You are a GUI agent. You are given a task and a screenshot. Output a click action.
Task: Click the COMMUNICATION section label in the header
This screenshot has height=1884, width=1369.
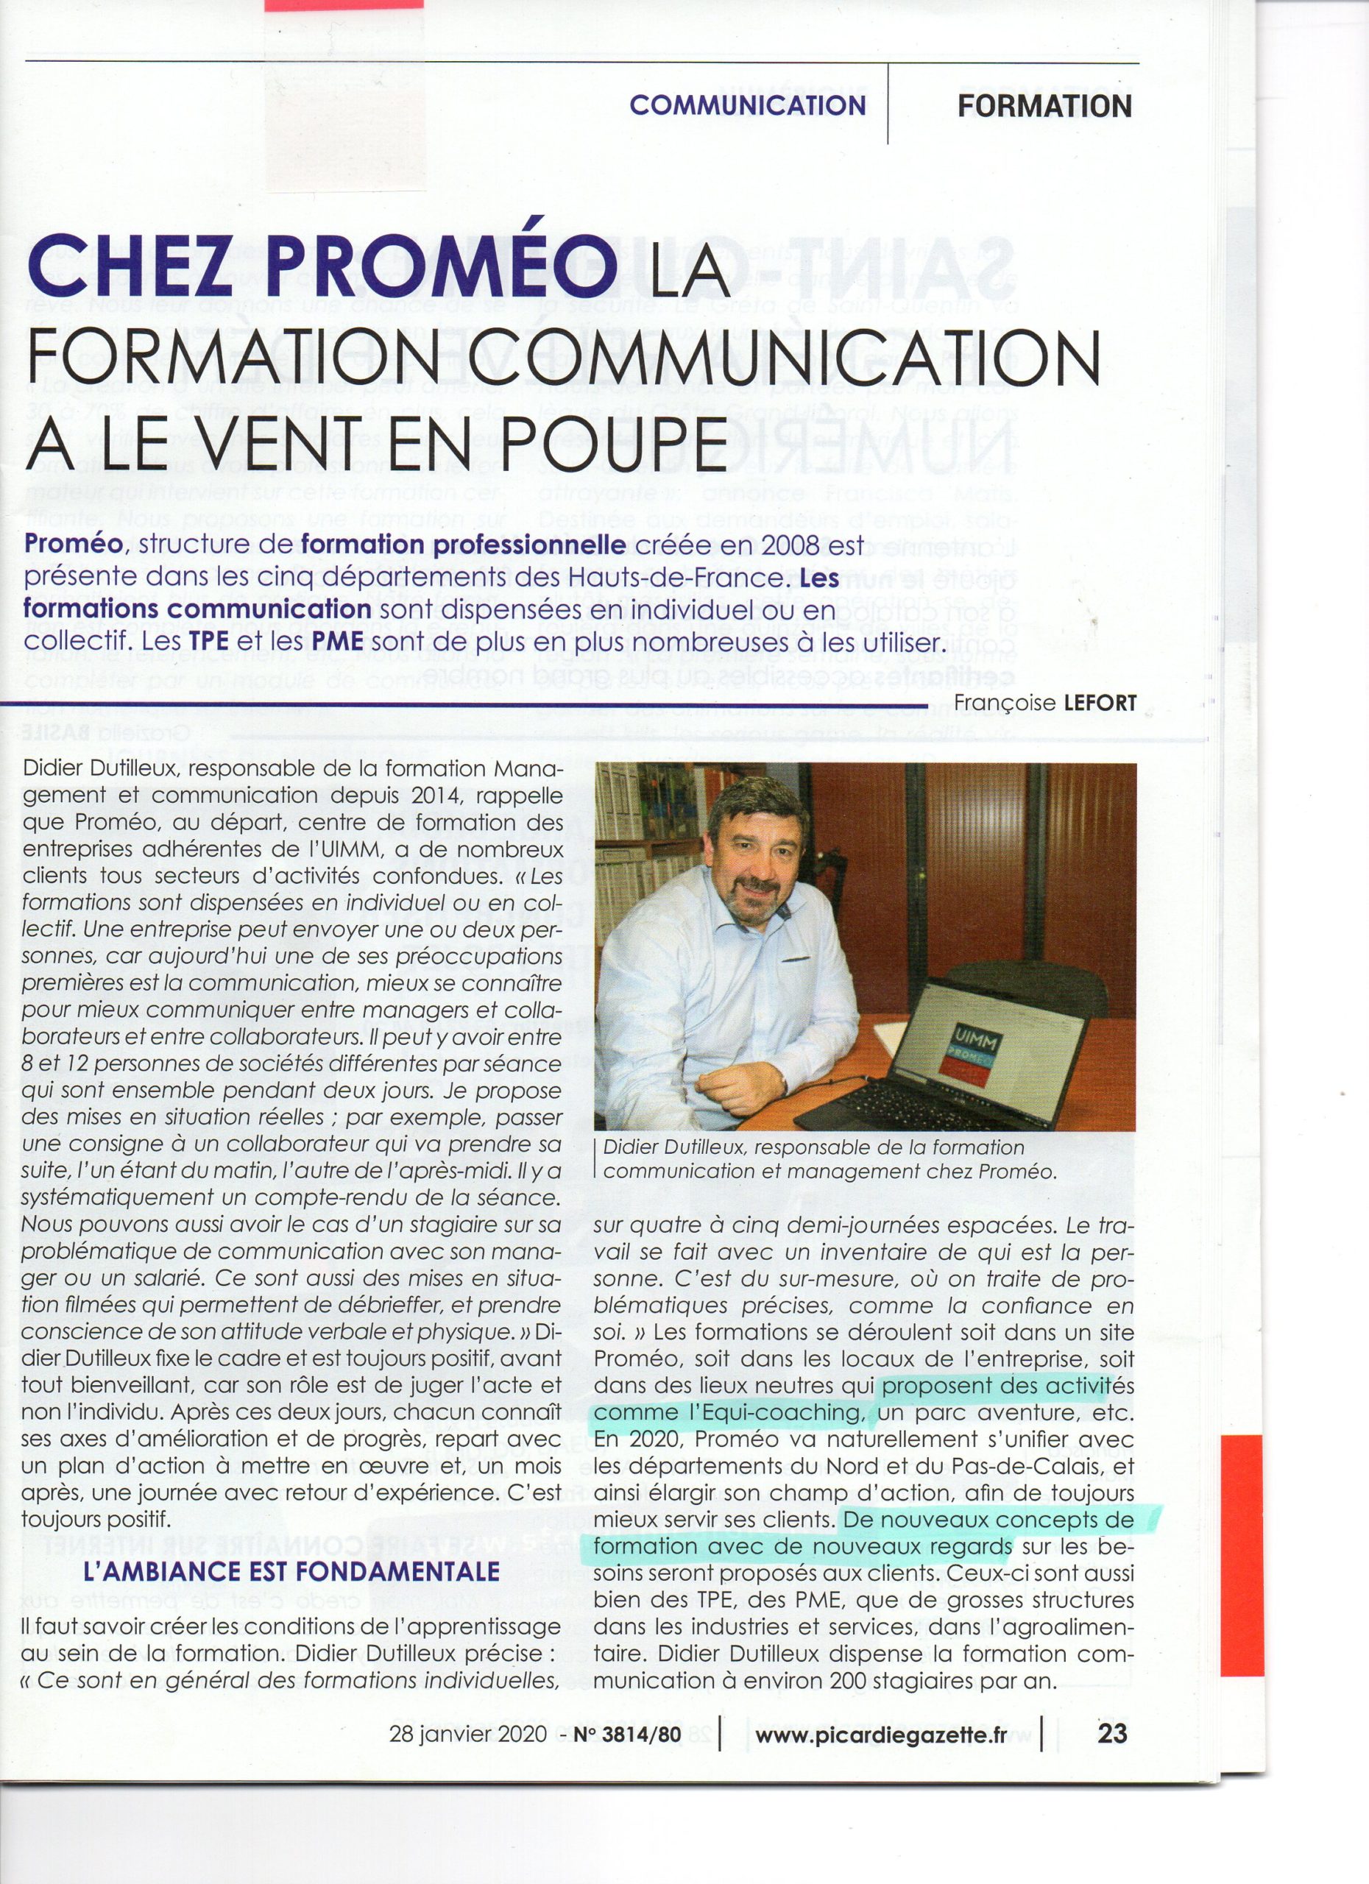747,105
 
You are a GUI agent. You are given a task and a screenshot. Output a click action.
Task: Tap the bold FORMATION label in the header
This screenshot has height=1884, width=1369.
1044,106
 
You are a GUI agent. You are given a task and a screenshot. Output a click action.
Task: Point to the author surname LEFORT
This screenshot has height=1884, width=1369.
1100,703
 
